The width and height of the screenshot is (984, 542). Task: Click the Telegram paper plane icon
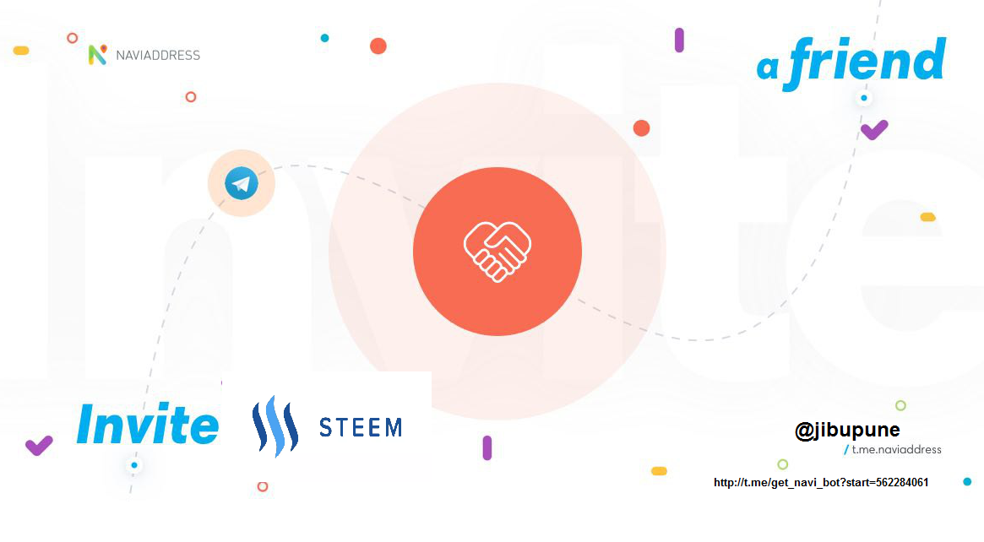click(241, 183)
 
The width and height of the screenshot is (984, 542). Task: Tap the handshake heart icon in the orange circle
click(497, 252)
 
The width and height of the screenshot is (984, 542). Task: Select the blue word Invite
click(148, 424)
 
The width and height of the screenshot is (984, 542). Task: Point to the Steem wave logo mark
click(275, 426)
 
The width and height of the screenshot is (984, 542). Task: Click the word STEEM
click(361, 428)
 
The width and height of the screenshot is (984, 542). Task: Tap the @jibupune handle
click(847, 431)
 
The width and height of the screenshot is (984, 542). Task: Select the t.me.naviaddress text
click(896, 449)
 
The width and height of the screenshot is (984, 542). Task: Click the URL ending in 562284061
click(821, 482)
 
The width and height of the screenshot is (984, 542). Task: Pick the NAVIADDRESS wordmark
click(158, 55)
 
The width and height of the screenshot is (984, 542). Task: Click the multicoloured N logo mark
click(97, 55)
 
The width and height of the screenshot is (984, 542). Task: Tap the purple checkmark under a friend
click(874, 130)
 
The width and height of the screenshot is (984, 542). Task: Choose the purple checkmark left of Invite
click(39, 446)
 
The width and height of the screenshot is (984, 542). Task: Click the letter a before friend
click(768, 68)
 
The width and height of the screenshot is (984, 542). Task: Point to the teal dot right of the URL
click(967, 482)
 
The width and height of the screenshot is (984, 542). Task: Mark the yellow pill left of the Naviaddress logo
click(21, 51)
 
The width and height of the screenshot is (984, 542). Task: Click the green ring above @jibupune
click(900, 405)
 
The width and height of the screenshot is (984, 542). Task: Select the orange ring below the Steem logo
click(263, 487)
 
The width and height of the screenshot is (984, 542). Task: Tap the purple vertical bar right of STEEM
click(487, 448)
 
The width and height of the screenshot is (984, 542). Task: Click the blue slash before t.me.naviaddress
click(846, 450)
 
